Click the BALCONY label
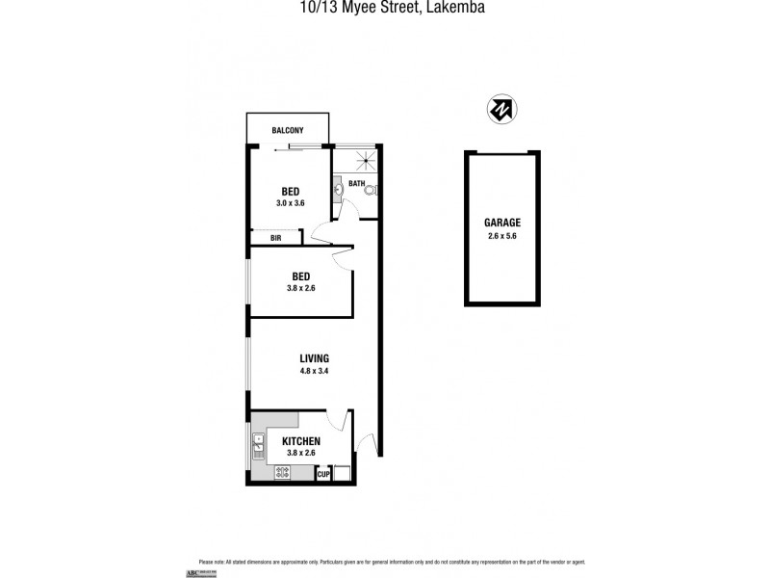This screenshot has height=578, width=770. tap(288, 130)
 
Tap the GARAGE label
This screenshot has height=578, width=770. tap(501, 222)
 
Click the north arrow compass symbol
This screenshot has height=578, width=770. tap(500, 110)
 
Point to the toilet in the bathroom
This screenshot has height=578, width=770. tap(371, 191)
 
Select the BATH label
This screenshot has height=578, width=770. tap(356, 183)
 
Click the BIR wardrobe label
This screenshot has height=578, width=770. tap(275, 237)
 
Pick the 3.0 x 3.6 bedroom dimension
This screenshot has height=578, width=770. tap(290, 203)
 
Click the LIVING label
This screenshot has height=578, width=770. tap(314, 358)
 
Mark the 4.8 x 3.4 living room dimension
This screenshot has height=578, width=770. tap(314, 371)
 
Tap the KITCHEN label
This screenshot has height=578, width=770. tap(301, 441)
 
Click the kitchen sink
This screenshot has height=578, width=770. tap(258, 444)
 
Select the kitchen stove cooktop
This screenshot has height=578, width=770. tap(283, 472)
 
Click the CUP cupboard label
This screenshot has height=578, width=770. tap(324, 473)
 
